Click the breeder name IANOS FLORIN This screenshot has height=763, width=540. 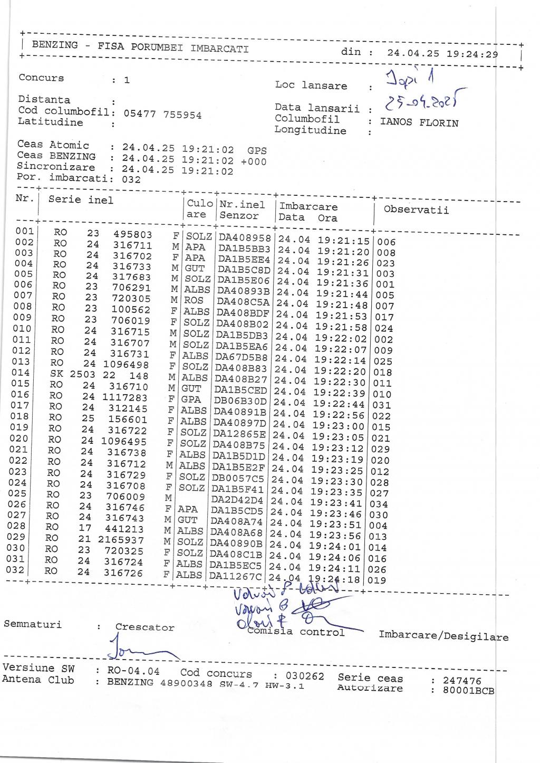point(419,123)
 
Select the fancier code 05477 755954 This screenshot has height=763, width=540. point(162,115)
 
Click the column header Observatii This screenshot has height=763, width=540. point(416,210)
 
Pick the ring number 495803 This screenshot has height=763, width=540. point(133,234)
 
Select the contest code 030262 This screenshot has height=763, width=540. point(305,676)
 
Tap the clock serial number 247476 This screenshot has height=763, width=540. point(462,681)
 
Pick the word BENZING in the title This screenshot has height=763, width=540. point(55,45)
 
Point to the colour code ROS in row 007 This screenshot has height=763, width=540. point(194,300)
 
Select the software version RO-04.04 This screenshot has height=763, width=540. point(133,671)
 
